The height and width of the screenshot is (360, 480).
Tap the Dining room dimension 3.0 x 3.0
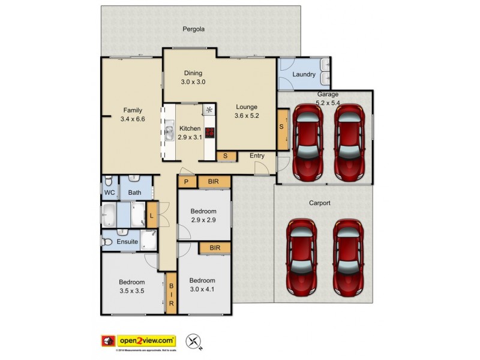pos(193,82)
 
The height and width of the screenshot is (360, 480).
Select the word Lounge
pos(246,107)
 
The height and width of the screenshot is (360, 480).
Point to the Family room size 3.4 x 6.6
pos(133,119)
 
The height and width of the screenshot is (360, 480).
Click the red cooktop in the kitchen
pos(209,133)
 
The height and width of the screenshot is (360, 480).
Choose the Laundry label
pos(304,74)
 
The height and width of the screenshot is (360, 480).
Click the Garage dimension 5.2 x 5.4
pos(328,103)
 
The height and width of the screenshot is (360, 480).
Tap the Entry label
pos(257,156)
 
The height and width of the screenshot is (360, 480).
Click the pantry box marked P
pos(187,181)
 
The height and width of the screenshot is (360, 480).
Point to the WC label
pos(109,193)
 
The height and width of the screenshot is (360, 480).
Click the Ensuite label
pos(127,242)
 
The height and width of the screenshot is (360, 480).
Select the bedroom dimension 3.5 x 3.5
pos(131,291)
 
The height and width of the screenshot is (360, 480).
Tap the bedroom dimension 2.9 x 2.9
pos(203,220)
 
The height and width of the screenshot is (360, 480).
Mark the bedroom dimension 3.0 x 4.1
pos(202,289)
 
